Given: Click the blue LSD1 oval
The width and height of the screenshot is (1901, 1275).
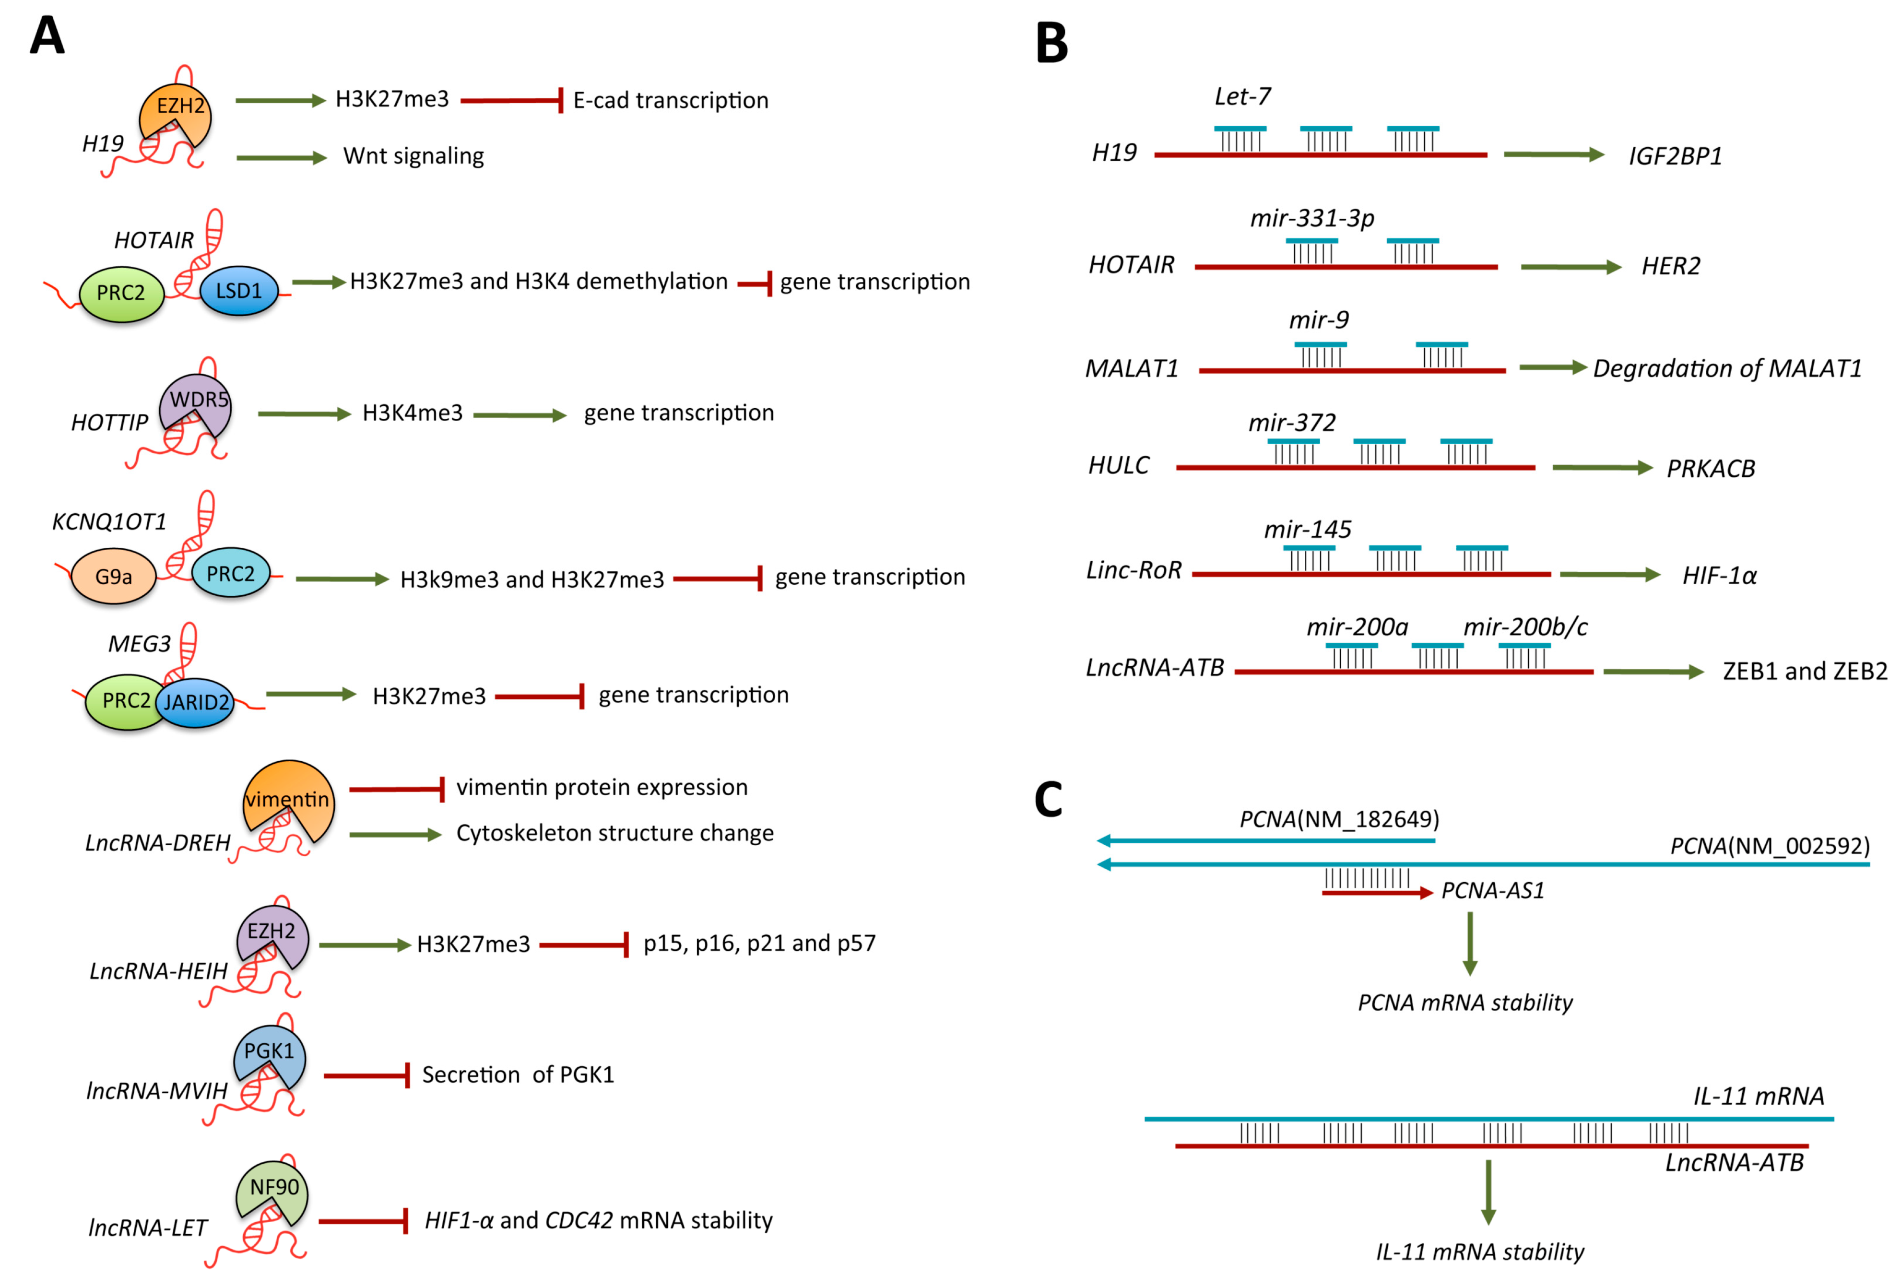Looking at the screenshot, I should pos(238,291).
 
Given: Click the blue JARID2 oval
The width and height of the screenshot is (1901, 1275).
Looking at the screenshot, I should pos(196,702).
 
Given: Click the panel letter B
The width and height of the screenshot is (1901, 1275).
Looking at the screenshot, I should pos(1051,43).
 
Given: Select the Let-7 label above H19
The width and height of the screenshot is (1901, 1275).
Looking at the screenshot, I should pos(1241,97).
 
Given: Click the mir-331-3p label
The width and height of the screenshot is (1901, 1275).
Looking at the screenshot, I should pos(1311,218).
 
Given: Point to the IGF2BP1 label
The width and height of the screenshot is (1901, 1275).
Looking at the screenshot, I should pos(1675,155).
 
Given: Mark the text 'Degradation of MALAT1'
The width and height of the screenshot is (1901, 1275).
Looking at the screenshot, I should pos(1726,368).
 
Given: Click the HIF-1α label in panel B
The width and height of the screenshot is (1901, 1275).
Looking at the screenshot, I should pos(1719,576).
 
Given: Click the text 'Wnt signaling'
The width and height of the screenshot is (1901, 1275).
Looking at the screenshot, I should pos(413,155).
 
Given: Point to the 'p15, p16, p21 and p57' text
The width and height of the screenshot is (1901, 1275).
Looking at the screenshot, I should pos(759,943).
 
